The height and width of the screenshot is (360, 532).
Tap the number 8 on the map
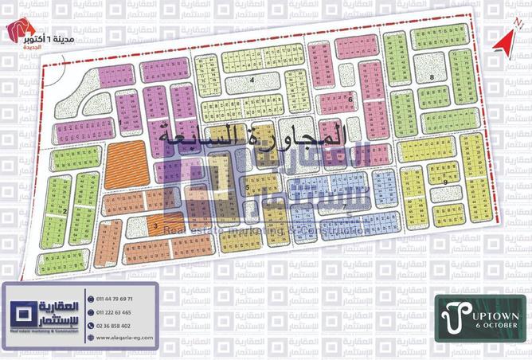point(431,76)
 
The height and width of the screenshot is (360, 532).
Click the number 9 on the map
point(447,182)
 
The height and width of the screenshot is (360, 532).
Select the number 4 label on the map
point(251,81)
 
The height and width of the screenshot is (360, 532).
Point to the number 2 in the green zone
point(62,211)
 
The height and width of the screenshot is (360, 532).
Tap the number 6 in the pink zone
point(350,99)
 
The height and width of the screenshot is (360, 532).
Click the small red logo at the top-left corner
point(18,29)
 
